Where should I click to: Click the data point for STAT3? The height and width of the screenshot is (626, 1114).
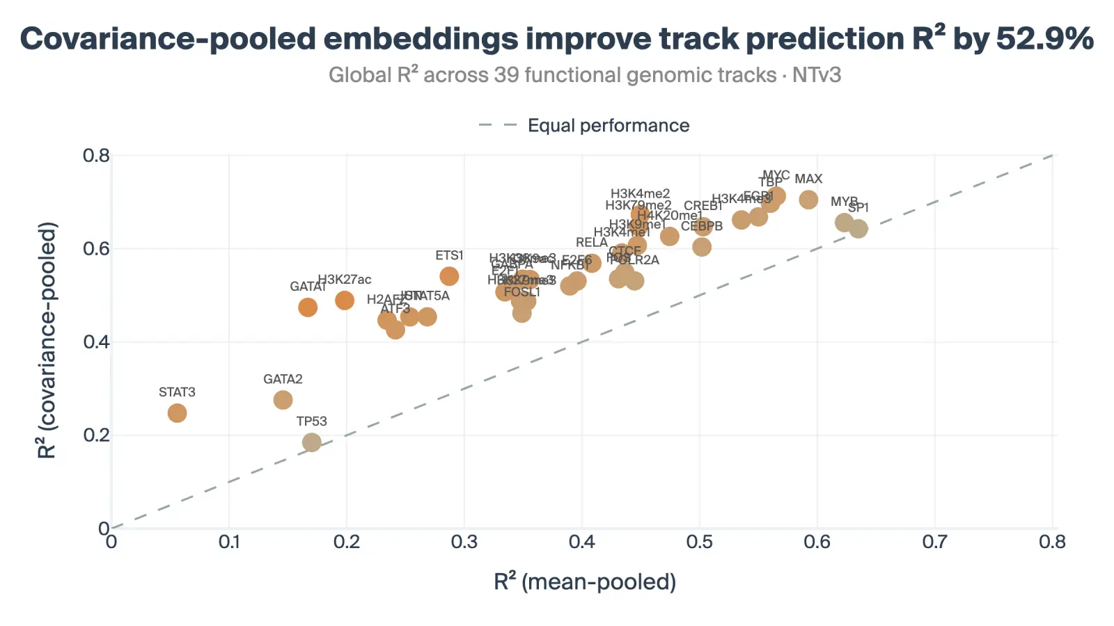click(x=177, y=413)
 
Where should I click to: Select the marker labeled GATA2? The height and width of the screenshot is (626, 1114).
click(x=283, y=400)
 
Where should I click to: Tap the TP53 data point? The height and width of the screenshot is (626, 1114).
click(x=312, y=442)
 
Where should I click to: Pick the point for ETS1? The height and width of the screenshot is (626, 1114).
click(x=449, y=276)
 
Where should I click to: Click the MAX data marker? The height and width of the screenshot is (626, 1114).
click(x=808, y=200)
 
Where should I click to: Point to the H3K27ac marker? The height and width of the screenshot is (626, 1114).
click(x=345, y=300)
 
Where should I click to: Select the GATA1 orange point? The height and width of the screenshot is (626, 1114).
click(x=308, y=307)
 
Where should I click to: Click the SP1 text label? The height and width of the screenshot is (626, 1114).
click(x=858, y=207)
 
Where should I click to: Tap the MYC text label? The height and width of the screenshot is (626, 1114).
click(x=776, y=175)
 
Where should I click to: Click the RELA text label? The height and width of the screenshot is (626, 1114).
click(x=592, y=242)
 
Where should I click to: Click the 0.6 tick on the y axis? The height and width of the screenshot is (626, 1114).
click(x=96, y=248)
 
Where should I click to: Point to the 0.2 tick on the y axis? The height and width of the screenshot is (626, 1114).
click(x=96, y=435)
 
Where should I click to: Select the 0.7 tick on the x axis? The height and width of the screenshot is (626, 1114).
click(x=934, y=542)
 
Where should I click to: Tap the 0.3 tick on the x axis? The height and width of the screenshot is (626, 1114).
click(x=464, y=542)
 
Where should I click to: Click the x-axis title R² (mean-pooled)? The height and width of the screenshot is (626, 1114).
click(x=585, y=581)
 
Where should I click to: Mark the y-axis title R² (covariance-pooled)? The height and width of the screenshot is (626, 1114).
click(x=47, y=341)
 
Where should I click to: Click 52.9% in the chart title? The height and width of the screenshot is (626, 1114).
click(x=1044, y=38)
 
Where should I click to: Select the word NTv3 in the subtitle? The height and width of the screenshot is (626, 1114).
click(x=817, y=74)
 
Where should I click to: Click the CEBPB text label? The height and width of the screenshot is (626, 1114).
click(x=702, y=226)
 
